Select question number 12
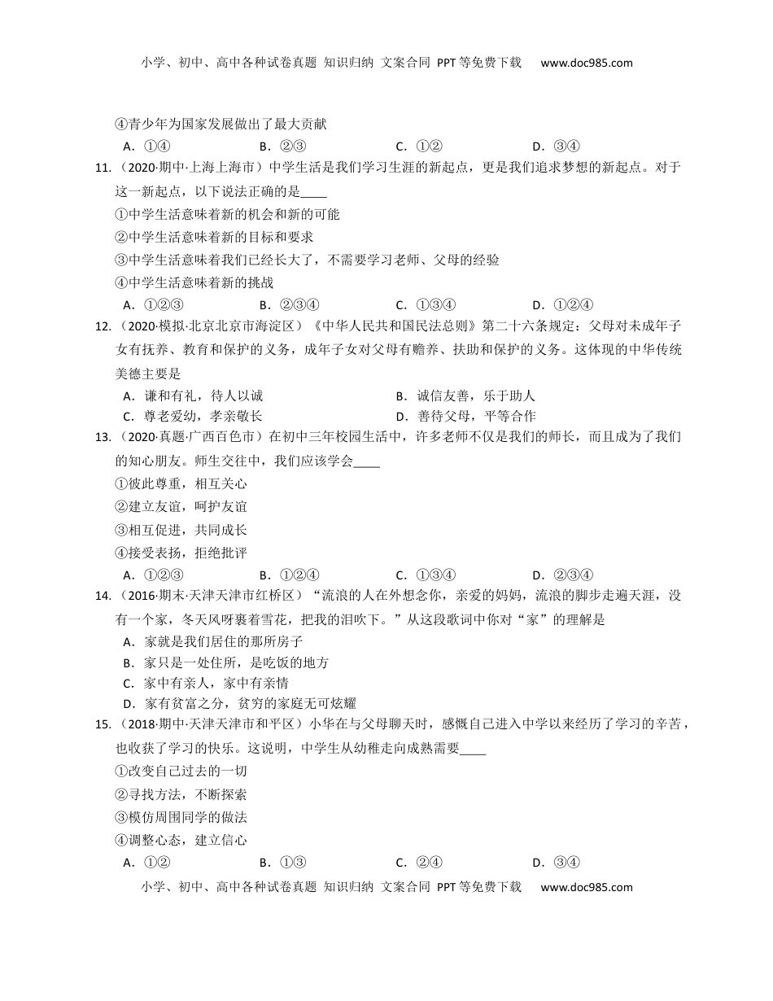coord(103,327)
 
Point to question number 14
coord(103,597)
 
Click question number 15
coord(103,725)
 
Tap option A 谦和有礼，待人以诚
coord(192,396)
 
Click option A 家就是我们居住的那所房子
coord(212,642)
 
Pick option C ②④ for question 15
coord(419,863)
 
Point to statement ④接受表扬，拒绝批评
coord(181,553)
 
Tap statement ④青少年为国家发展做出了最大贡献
coord(221,125)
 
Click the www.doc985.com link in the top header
coord(586,63)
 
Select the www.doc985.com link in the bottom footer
coord(586,887)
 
